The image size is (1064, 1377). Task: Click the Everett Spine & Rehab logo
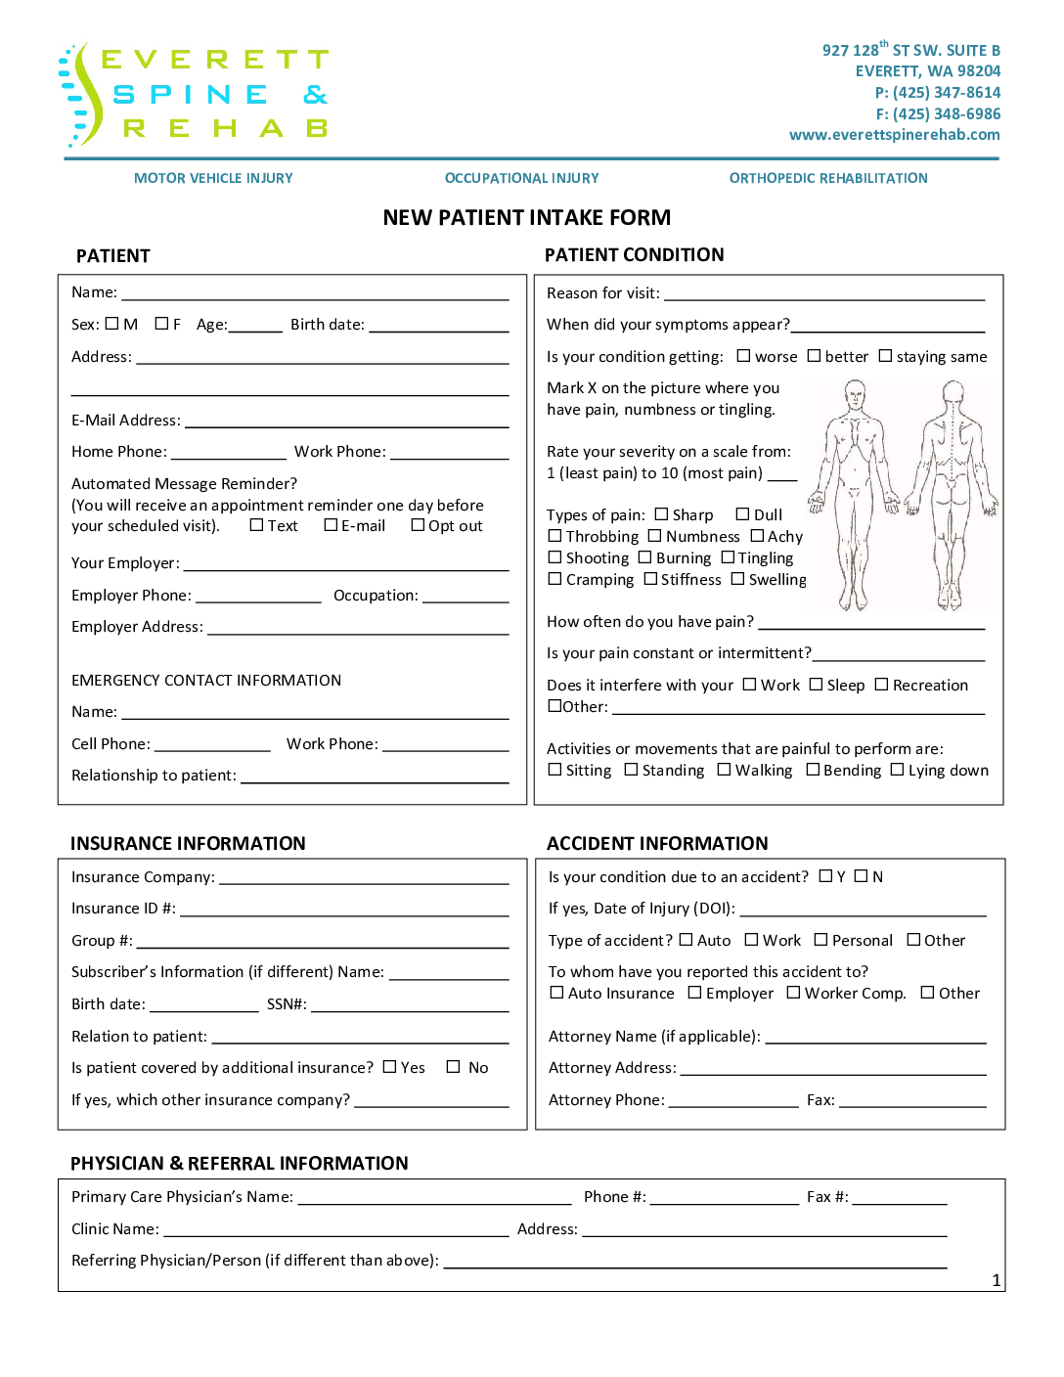tap(194, 95)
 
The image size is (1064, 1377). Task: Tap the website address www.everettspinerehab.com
tap(894, 135)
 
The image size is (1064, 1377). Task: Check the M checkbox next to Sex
tap(111, 324)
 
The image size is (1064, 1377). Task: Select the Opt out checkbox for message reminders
tap(419, 525)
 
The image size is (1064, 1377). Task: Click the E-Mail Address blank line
tap(346, 422)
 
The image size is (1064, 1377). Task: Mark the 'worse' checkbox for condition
tap(744, 356)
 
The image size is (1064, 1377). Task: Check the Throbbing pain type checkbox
tap(555, 536)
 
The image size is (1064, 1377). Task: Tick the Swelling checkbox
tap(738, 579)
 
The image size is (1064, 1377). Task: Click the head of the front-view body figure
tap(856, 394)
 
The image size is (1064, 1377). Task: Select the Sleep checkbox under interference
tap(817, 685)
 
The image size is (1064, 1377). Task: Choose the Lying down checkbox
tap(898, 770)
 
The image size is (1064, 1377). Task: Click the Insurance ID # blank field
tap(344, 910)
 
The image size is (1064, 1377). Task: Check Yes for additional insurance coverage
tap(390, 1067)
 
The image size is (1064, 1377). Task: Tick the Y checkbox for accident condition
tap(826, 876)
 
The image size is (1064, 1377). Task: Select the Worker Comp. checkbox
tap(794, 993)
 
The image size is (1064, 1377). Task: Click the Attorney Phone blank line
tap(733, 1101)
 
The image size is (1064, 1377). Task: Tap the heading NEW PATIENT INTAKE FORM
tap(527, 217)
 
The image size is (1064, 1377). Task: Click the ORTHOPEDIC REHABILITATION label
tap(828, 178)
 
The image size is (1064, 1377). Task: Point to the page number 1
tap(997, 1280)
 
